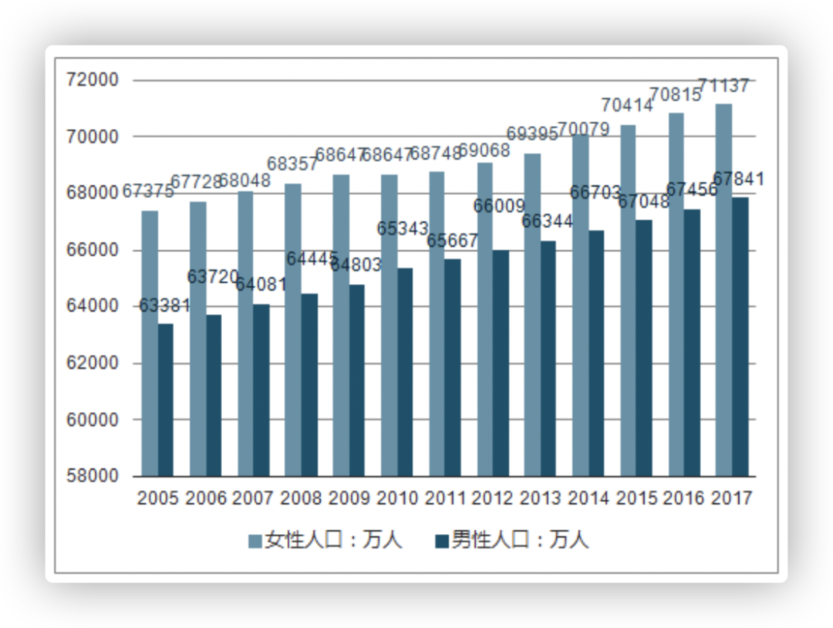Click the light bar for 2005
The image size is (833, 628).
coord(150,343)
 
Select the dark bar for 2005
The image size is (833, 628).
coord(166,400)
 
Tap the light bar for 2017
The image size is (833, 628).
coord(723,290)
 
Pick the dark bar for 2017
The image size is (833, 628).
coord(740,336)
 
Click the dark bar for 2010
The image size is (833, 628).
coord(405,372)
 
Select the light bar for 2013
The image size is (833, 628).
coord(532,315)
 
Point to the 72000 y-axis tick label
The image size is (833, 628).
coord(93,80)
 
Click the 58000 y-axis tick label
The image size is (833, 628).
coord(93,476)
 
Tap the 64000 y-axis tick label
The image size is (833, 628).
coord(93,306)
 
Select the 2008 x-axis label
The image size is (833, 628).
coord(301,498)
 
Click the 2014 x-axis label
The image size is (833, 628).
coord(588,498)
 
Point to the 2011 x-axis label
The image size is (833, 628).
coord(445,498)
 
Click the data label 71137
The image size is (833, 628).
coord(723,86)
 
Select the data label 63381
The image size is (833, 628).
coord(164,306)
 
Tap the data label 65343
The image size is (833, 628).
coord(403,229)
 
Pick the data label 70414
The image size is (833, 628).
coord(627,104)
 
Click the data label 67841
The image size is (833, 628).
coord(739,180)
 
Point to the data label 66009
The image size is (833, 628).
coord(499,207)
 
